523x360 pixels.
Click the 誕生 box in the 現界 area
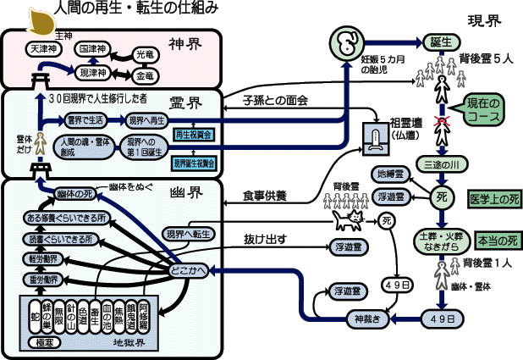pos(438,42)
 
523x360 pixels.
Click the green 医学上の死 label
pos(494,201)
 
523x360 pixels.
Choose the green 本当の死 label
pos(496,241)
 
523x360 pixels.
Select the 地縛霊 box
pos(394,174)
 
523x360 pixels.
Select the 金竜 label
pos(146,75)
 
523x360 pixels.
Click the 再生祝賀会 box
pos(193,134)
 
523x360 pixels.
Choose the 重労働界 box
pos(44,280)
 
